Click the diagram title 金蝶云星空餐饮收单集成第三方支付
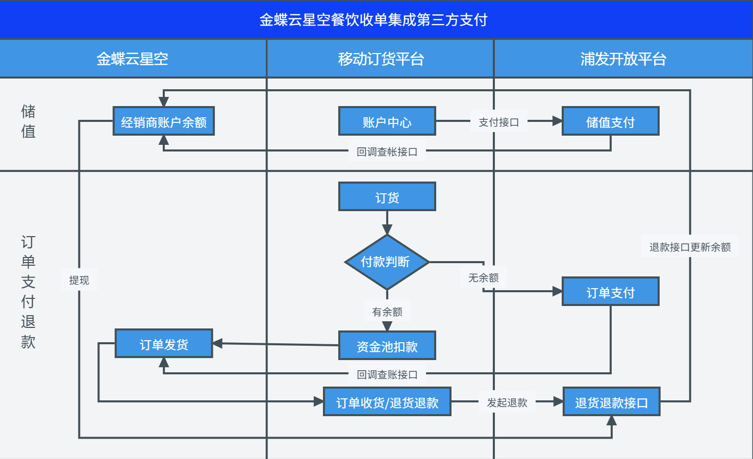tap(373, 20)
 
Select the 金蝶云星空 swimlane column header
tap(132, 59)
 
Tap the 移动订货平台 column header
tap(381, 59)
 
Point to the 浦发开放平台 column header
tap(623, 59)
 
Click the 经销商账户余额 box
tap(163, 121)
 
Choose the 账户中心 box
tap(387, 121)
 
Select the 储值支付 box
tap(610, 121)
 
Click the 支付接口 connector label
tap(498, 122)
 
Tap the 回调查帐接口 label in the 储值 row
tap(387, 151)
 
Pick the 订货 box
tap(387, 197)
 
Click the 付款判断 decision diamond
tap(387, 262)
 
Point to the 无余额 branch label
tap(483, 277)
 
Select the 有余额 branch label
tap(387, 312)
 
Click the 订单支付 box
tap(610, 292)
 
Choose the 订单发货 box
tap(163, 344)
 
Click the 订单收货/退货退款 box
tap(387, 402)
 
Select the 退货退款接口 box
tap(611, 402)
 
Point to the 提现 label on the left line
tap(79, 280)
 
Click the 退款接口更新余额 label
tap(690, 247)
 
